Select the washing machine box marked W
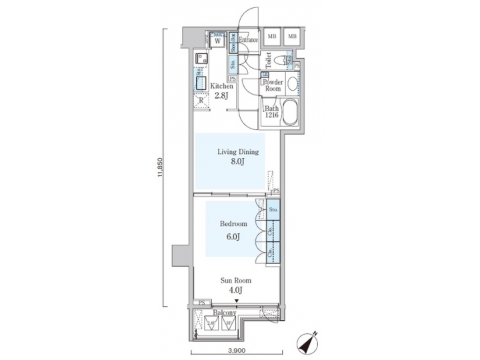point(217,40)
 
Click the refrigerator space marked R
point(201,101)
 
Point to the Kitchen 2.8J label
point(222,91)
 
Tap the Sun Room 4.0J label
point(237,285)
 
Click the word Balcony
point(224,313)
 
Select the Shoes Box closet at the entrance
point(233,43)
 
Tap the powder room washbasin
point(293,83)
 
